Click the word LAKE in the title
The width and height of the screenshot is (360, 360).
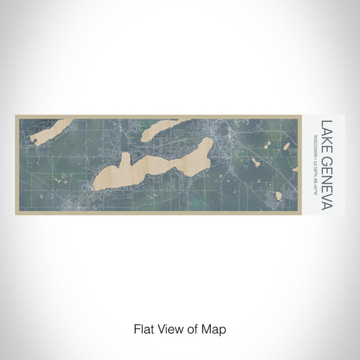[327, 133]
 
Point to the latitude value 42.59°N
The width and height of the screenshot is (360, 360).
[314, 157]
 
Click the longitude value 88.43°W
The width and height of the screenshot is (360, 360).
[314, 176]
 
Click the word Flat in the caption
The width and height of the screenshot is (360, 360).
[144, 328]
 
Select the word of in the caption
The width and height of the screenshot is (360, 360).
[193, 328]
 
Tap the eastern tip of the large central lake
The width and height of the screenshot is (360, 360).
[209, 141]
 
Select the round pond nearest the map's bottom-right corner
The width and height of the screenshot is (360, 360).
[278, 195]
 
